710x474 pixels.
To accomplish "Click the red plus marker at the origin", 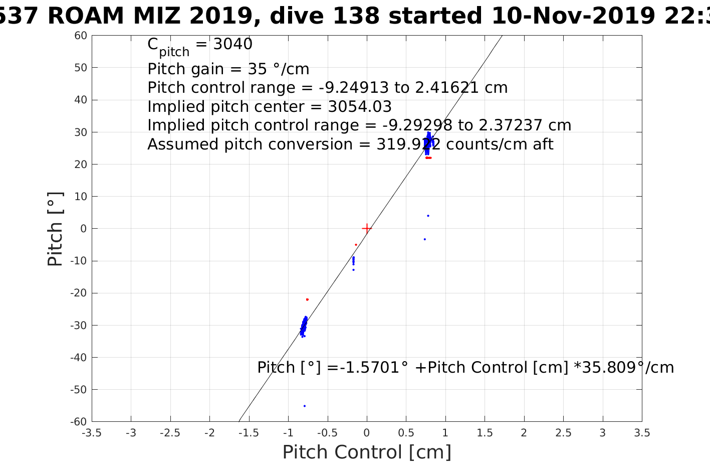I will pyautogui.click(x=367, y=228).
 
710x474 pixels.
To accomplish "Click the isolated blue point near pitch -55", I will pyautogui.click(x=305, y=406).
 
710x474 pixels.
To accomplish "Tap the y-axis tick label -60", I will pyautogui.click(x=79, y=421).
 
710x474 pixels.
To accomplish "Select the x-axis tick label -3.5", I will pyautogui.click(x=92, y=433).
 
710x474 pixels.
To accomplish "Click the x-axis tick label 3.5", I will pyautogui.click(x=642, y=433).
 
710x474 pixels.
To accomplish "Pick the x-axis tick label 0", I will pyautogui.click(x=367, y=433).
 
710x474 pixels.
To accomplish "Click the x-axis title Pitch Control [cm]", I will pyautogui.click(x=367, y=452).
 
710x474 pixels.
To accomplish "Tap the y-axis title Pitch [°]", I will pyautogui.click(x=55, y=229).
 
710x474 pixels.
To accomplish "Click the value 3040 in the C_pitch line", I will pyautogui.click(x=233, y=44).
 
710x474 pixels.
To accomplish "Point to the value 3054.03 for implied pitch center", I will pyautogui.click(x=360, y=107).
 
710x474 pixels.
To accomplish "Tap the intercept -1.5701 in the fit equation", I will pyautogui.click(x=368, y=368).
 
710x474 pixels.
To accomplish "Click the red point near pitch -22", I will pyautogui.click(x=307, y=299).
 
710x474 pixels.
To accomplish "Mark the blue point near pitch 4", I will pyautogui.click(x=428, y=216).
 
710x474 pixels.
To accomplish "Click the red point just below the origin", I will pyautogui.click(x=356, y=245).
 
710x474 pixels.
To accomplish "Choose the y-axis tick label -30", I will pyautogui.click(x=79, y=325).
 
